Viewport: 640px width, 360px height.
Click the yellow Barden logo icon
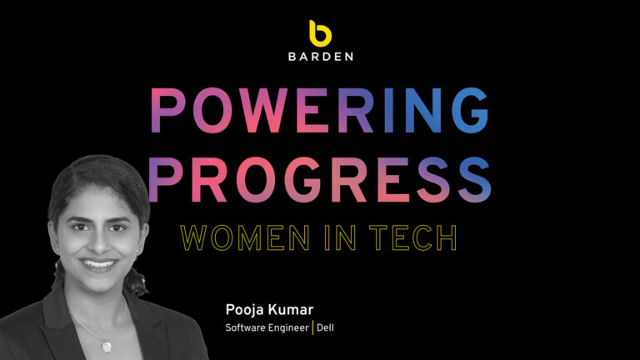tap(320, 32)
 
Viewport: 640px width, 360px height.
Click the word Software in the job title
tap(246, 327)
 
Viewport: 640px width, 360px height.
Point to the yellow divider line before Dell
tap(313, 327)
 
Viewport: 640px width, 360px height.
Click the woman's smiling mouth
tap(99, 264)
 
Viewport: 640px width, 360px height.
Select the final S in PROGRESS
tap(473, 177)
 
